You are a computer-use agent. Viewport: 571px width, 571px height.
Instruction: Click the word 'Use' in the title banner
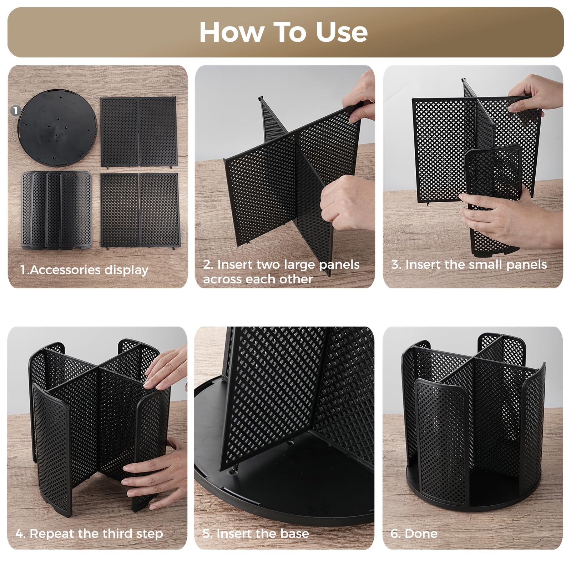click(x=342, y=32)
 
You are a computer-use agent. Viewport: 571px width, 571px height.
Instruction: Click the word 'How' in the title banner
click(x=231, y=32)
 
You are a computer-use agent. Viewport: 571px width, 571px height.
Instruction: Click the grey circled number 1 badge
click(x=15, y=111)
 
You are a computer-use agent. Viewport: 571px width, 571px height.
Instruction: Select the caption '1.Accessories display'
click(x=84, y=270)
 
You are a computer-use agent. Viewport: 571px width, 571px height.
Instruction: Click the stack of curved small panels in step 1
click(x=56, y=210)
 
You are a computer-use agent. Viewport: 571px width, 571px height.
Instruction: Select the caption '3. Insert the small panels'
click(x=469, y=264)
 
